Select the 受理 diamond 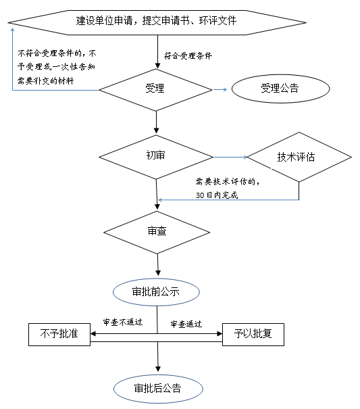[156, 89]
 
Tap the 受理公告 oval [279, 89]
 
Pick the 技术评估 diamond [299, 158]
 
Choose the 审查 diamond [157, 231]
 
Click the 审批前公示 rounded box [157, 291]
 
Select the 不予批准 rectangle [59, 333]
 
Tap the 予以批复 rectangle [253, 333]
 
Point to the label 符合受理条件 [188, 56]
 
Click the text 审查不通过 [122, 322]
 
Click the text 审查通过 [186, 324]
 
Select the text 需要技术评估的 [227, 181]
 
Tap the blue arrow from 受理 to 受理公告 [220, 89]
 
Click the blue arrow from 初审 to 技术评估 [230, 158]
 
